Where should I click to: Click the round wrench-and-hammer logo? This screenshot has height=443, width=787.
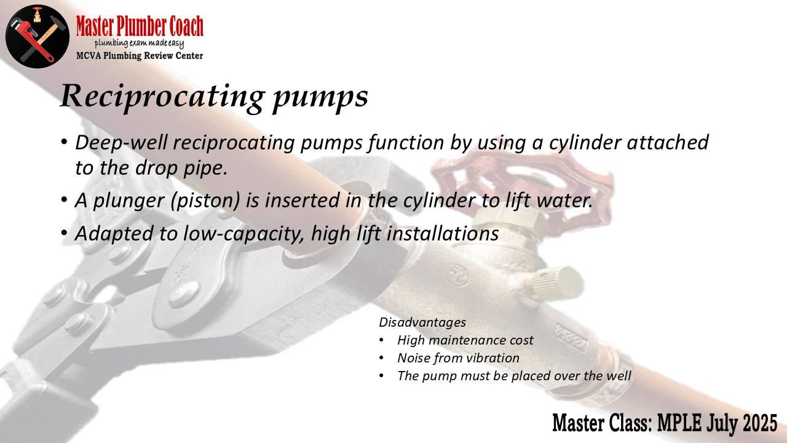coord(38,36)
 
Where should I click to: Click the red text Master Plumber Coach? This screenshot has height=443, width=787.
coord(140,26)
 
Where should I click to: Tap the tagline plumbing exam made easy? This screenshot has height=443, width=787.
coord(139,44)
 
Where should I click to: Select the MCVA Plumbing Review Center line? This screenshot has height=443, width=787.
coord(140,55)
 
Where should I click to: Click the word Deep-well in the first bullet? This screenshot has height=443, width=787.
coord(121,143)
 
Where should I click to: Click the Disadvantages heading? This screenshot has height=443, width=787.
coord(422,322)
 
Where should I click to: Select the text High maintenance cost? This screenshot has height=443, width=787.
coord(465,340)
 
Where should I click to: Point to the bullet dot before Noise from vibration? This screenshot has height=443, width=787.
coord(382,358)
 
